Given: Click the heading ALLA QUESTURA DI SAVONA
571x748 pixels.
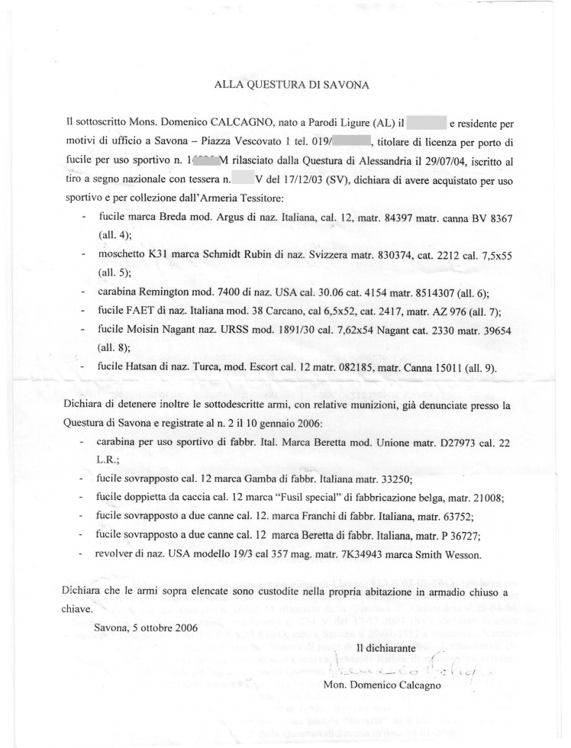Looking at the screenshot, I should [292, 86].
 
